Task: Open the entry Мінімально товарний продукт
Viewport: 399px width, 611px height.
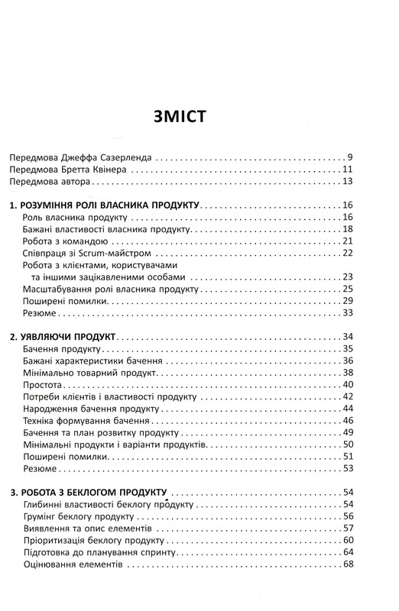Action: [90, 373]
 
